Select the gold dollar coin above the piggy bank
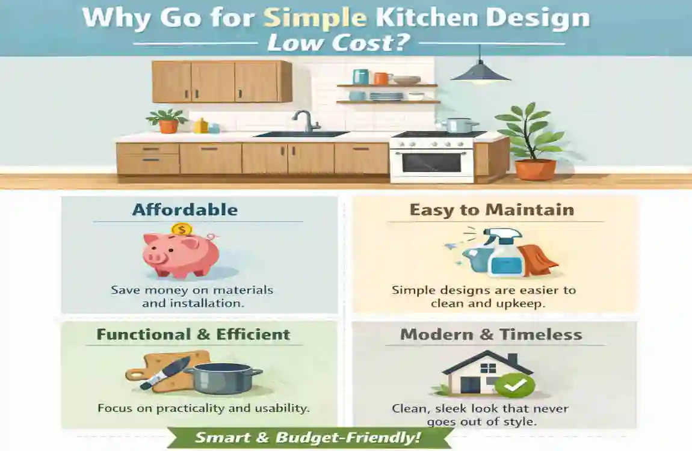click(181, 229)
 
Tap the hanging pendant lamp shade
click(480, 74)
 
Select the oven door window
click(431, 162)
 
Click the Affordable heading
click(185, 210)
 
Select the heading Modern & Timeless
click(491, 335)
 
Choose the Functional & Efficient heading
click(193, 334)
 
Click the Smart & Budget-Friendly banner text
click(309, 438)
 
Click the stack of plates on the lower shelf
click(386, 96)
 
